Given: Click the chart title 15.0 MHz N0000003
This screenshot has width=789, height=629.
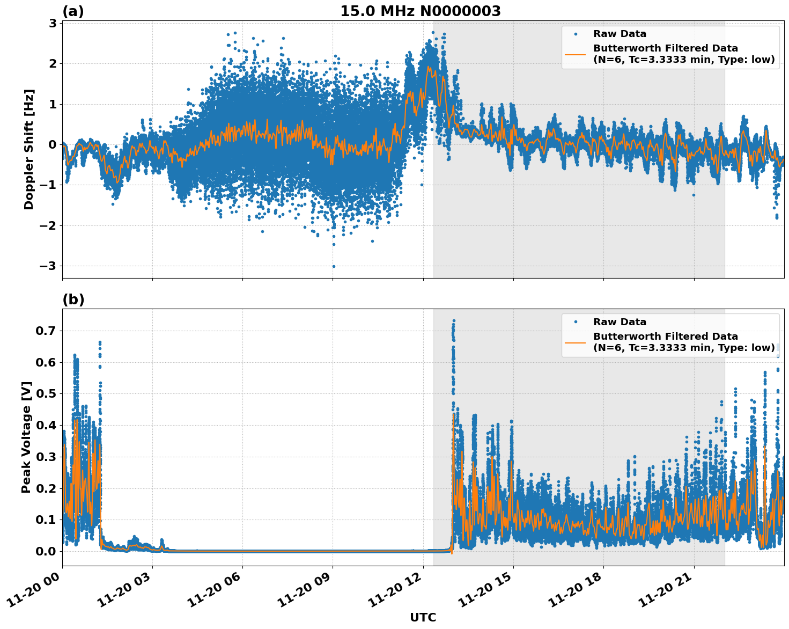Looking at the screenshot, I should (420, 11).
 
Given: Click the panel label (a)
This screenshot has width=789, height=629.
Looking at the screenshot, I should (73, 11).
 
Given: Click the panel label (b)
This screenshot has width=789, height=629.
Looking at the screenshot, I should (73, 299).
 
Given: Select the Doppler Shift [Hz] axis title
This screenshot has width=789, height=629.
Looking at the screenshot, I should (29, 149).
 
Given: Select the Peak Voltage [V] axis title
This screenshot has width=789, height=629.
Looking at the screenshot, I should (26, 437).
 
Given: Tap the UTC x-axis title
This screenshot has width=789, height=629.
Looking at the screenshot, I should (423, 617).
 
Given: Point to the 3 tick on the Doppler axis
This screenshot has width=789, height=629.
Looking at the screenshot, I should (53, 23).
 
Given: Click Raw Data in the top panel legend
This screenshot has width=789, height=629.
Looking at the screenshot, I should (620, 34).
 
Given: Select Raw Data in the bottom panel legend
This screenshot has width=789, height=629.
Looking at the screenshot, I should (620, 322).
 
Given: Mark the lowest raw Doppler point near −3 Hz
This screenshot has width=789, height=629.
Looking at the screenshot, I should (333, 266).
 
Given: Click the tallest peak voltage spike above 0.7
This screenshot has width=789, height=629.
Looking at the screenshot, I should (454, 321).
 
